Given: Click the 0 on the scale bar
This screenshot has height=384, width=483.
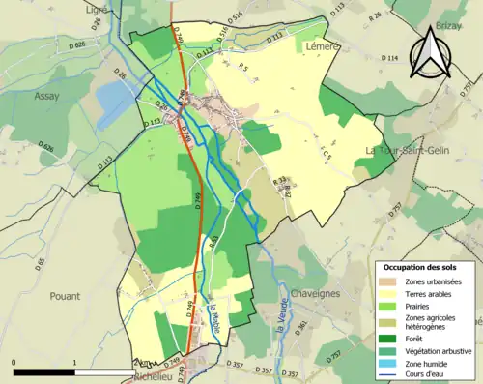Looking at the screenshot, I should click(x=14, y=363).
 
